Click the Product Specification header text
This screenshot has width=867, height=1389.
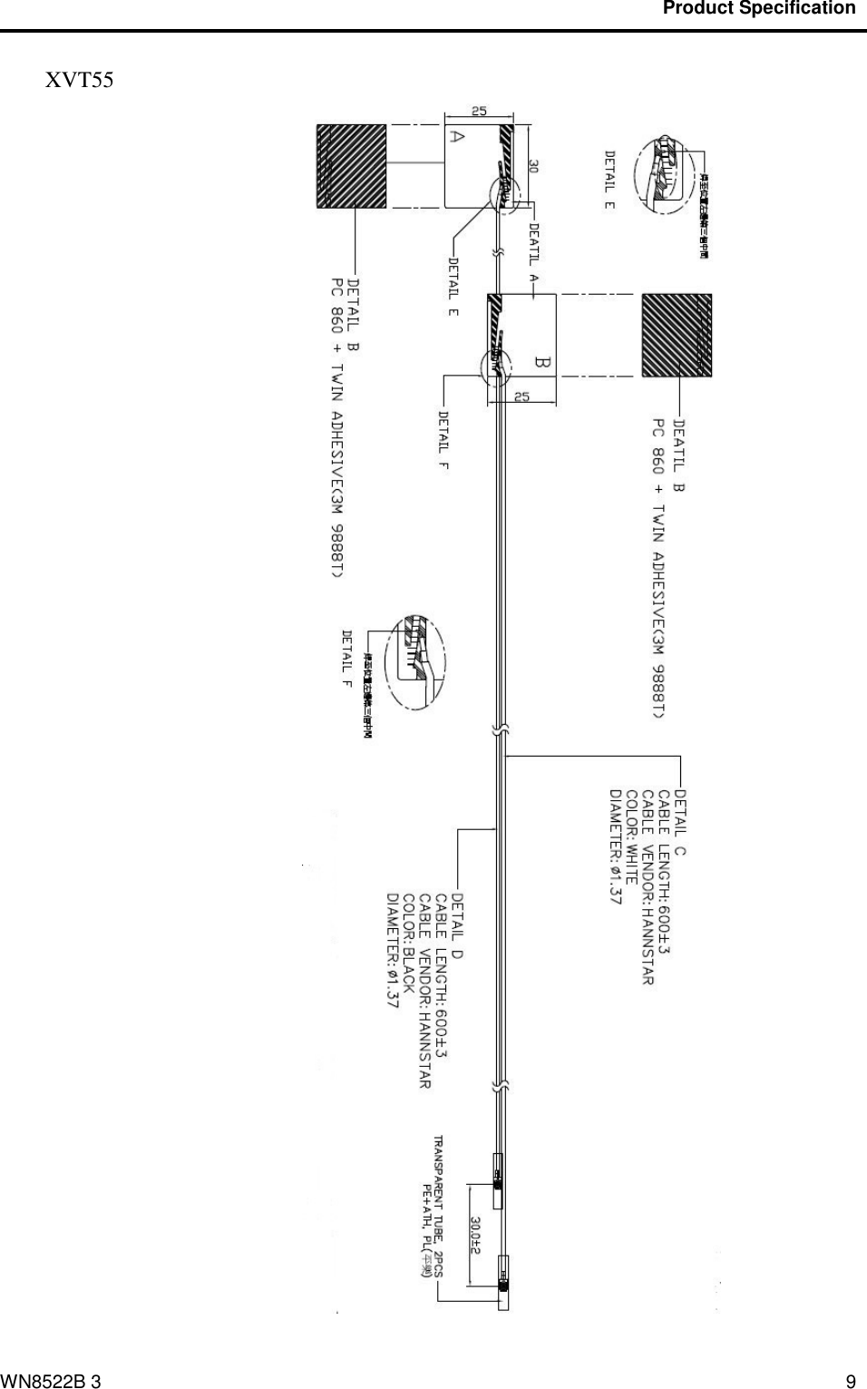[759, 8]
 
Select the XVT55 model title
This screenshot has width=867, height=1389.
[80, 81]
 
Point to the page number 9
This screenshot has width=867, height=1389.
[850, 1382]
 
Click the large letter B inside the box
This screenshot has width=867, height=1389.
[543, 363]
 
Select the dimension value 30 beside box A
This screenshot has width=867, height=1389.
[534, 167]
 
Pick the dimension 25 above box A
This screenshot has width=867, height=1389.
[479, 112]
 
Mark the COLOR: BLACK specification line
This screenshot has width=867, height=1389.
[408, 944]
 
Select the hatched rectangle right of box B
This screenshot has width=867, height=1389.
[676, 335]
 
